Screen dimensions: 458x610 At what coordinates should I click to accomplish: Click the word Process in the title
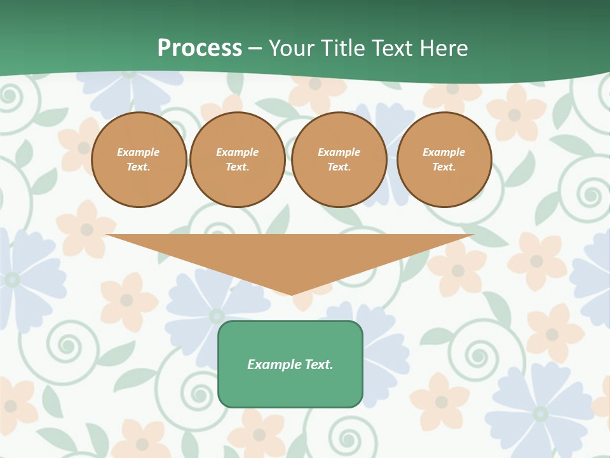(x=200, y=48)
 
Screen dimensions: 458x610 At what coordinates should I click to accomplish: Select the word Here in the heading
(x=443, y=48)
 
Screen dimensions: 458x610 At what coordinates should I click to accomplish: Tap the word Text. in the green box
(x=318, y=364)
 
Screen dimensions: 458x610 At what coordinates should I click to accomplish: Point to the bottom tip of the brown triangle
(x=292, y=294)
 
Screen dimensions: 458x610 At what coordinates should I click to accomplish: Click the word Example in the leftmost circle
(x=139, y=152)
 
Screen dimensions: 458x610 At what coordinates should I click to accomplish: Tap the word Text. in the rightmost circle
(x=444, y=167)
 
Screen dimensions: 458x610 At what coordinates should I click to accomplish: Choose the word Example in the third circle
(x=339, y=152)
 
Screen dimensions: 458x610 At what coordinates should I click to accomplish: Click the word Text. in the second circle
(x=237, y=167)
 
